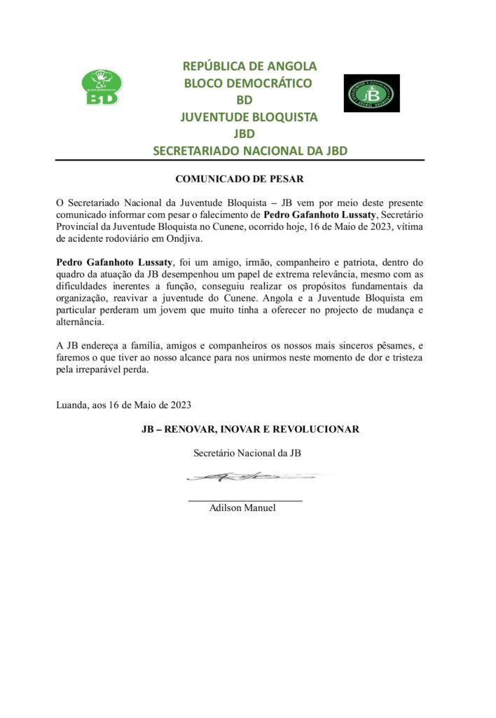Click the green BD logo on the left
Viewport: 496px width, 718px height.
(102, 88)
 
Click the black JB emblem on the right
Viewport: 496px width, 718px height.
(371, 93)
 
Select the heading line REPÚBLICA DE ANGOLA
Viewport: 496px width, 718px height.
(249, 67)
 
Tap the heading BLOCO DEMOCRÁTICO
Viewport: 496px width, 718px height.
(247, 83)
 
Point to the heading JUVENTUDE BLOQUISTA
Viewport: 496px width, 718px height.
(249, 117)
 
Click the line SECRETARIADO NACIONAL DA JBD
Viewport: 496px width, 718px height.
(250, 151)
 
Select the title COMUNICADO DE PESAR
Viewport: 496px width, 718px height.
(240, 179)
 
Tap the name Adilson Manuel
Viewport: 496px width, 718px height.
(242, 508)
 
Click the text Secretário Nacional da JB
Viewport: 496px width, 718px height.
(247, 453)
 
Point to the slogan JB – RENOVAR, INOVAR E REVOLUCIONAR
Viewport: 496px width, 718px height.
(250, 429)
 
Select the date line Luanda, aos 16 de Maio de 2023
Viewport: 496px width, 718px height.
(123, 405)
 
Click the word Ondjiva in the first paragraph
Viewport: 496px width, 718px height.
(181, 238)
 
